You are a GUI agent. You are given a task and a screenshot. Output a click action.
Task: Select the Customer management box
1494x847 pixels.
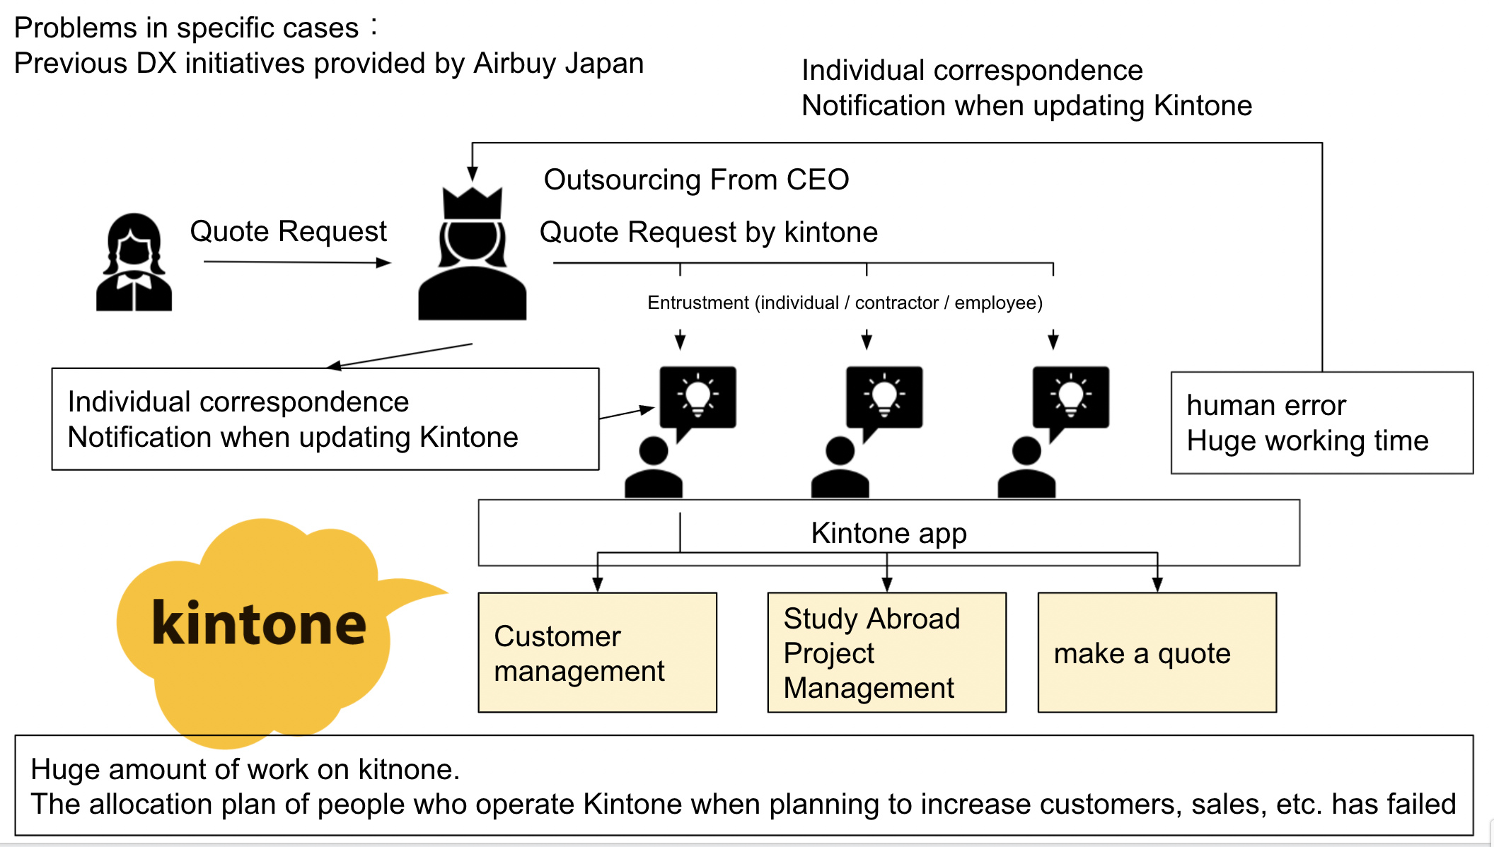click(597, 653)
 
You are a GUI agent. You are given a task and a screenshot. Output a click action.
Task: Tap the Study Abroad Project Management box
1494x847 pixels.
click(886, 653)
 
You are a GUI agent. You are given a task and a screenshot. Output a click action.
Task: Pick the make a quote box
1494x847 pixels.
click(1157, 653)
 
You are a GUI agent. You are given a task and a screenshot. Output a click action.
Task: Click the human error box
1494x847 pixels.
click(1321, 423)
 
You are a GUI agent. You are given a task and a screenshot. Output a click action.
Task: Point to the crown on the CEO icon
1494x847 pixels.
click(473, 203)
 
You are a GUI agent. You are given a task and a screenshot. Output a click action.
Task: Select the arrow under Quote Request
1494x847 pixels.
click(297, 262)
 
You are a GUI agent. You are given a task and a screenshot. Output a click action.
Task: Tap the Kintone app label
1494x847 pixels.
click(888, 533)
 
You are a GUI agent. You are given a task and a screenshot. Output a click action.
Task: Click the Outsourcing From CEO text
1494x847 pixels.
click(696, 180)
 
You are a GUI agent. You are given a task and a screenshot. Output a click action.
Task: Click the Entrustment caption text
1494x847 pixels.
click(845, 303)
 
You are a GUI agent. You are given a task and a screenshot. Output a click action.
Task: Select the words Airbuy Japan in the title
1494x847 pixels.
click(558, 64)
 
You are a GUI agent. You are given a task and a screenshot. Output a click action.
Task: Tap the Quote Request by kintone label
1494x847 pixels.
click(708, 232)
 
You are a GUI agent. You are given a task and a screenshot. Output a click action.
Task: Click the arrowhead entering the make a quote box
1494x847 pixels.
click(1157, 585)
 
